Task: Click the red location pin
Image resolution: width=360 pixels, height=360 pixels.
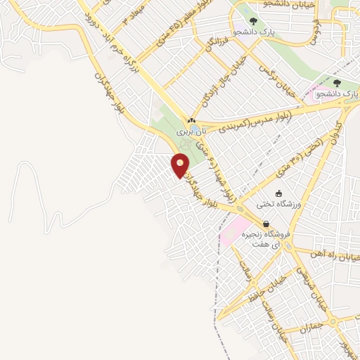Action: pyautogui.click(x=181, y=165)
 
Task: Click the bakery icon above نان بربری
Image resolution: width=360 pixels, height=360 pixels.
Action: pyautogui.click(x=191, y=121)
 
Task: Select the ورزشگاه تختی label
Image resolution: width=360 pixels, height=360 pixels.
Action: pyautogui.click(x=281, y=204)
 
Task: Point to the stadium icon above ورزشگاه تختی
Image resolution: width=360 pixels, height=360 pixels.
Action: pyautogui.click(x=279, y=193)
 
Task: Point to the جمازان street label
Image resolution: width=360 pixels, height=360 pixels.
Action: pyautogui.click(x=309, y=328)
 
